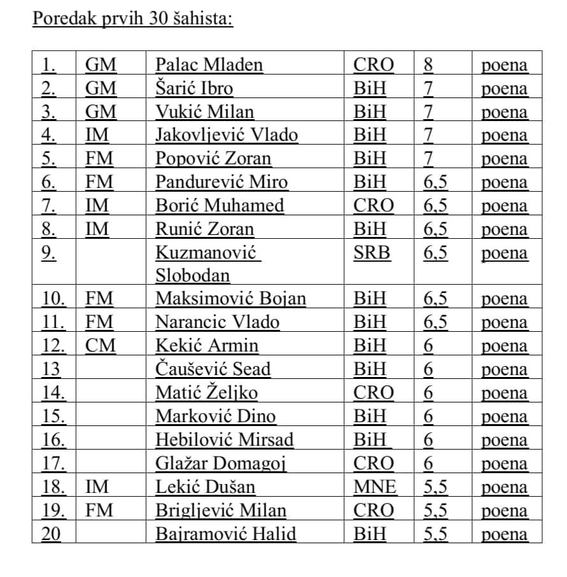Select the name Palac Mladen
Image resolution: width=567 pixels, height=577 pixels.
point(209,64)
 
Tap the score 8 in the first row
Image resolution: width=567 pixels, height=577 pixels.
point(428,64)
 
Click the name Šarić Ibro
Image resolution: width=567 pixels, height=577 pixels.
point(194,88)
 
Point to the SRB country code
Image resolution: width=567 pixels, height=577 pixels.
point(372,253)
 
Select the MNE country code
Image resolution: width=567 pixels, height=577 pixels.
point(375,487)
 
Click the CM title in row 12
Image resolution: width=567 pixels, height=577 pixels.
point(101,346)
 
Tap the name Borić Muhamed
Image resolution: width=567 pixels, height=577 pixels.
point(220,206)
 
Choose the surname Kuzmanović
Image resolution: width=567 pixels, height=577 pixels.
point(206,253)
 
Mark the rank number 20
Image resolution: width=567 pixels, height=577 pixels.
point(51,534)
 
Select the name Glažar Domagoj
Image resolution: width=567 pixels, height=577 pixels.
point(221,464)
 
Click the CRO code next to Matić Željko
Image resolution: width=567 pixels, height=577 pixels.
point(373,393)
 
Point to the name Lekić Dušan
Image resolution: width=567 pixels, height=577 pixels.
point(206,487)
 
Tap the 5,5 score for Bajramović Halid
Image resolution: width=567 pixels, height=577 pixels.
point(435,534)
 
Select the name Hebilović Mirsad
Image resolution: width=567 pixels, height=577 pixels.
point(225,440)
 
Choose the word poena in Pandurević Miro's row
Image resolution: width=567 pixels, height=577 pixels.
point(505,182)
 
